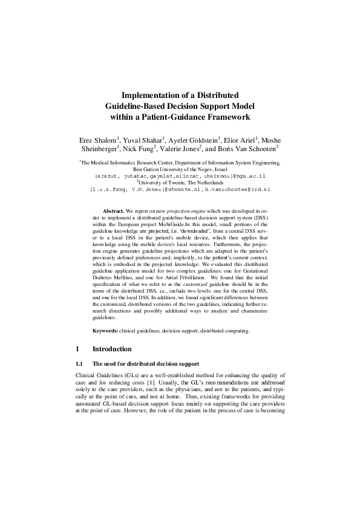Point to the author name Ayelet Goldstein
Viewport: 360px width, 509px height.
point(194,139)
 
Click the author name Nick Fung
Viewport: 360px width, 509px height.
point(140,149)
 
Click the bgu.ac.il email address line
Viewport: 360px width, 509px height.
point(180,177)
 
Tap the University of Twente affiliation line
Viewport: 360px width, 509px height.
point(180,183)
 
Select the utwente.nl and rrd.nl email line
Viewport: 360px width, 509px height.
point(180,190)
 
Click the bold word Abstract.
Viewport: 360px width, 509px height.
point(114,210)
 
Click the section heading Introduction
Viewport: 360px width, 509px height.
point(112,349)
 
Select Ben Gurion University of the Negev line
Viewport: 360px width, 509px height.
point(180,170)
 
